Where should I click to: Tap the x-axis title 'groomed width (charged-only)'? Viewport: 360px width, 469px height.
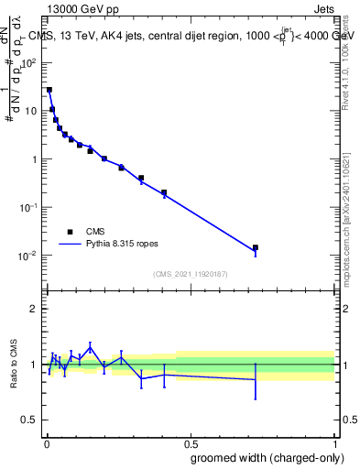point(263,456)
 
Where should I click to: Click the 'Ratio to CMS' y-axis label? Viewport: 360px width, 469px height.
point(14,365)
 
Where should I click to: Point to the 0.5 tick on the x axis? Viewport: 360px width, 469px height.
point(189,441)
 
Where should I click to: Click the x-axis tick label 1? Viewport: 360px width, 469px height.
point(334,441)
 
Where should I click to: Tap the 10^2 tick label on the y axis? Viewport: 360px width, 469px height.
point(28,63)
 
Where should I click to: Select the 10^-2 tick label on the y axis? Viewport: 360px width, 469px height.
point(28,256)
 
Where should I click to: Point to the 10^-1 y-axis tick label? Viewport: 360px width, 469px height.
point(28,207)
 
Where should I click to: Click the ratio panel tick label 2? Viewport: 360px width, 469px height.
point(34,309)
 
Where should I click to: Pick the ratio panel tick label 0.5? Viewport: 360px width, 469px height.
point(30,420)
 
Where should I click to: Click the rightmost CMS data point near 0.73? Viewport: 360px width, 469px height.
point(256,247)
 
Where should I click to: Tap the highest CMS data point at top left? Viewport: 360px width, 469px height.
point(49,90)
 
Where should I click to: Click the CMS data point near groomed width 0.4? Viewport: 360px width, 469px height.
point(164,192)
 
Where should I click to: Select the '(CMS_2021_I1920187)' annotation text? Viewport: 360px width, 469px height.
point(190,273)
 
